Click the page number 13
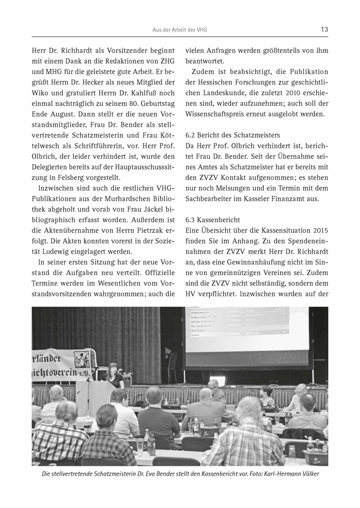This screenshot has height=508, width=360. tap(324, 29)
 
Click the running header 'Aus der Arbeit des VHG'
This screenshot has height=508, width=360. tap(180, 30)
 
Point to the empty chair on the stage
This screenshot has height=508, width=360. tap(171, 360)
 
